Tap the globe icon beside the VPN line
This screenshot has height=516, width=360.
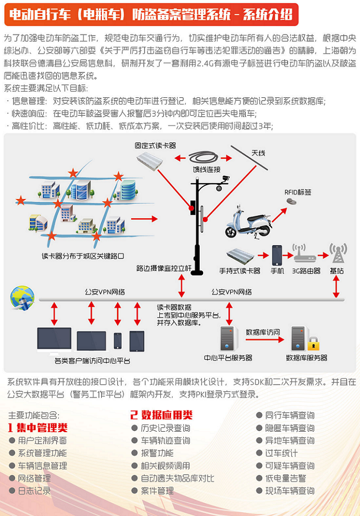click(x=22, y=297)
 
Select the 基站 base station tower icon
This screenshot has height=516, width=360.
click(x=338, y=254)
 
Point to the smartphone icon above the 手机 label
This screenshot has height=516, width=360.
click(x=277, y=255)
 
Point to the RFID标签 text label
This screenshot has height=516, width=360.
click(x=298, y=192)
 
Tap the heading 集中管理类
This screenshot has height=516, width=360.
click(x=42, y=428)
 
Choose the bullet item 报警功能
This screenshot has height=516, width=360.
click(x=157, y=453)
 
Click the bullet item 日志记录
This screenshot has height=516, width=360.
click(x=34, y=491)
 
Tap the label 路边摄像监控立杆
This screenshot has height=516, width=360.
click(x=164, y=268)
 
